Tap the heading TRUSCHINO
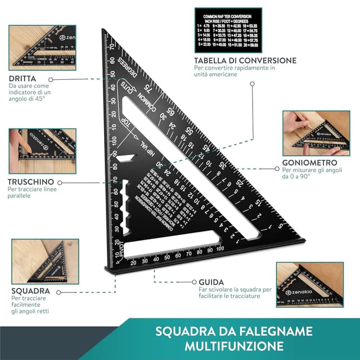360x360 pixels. point(31,182)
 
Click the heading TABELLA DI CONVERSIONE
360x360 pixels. point(245,60)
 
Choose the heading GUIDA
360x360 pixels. point(211,281)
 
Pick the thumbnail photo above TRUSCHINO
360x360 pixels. point(42,151)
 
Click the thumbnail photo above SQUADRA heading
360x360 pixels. point(45,261)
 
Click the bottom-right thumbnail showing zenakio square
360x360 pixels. point(309,284)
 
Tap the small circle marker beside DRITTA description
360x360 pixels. point(50,80)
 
